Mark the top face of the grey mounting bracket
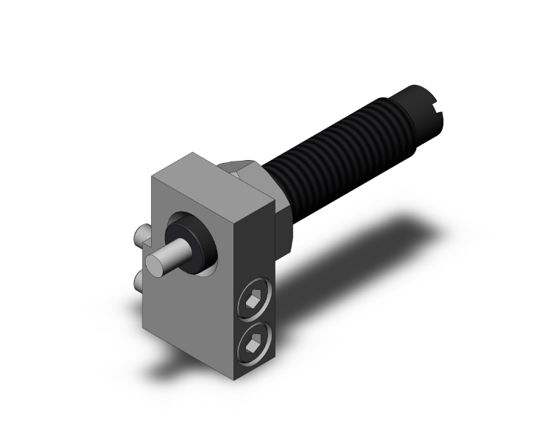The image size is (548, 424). click(214, 177)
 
